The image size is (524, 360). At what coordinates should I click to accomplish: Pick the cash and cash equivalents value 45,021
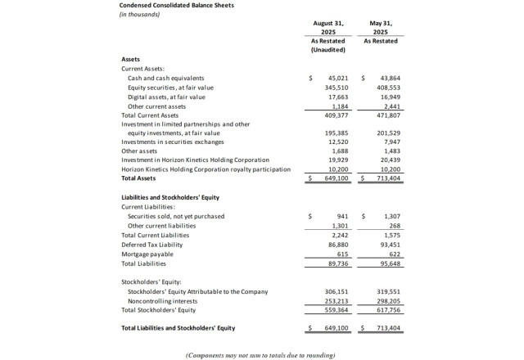[339, 78]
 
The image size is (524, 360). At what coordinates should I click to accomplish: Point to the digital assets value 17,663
[340, 97]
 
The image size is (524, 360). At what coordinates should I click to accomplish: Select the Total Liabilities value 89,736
[340, 263]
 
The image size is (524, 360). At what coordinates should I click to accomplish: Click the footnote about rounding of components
[260, 354]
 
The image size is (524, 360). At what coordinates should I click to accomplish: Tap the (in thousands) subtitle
[141, 15]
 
